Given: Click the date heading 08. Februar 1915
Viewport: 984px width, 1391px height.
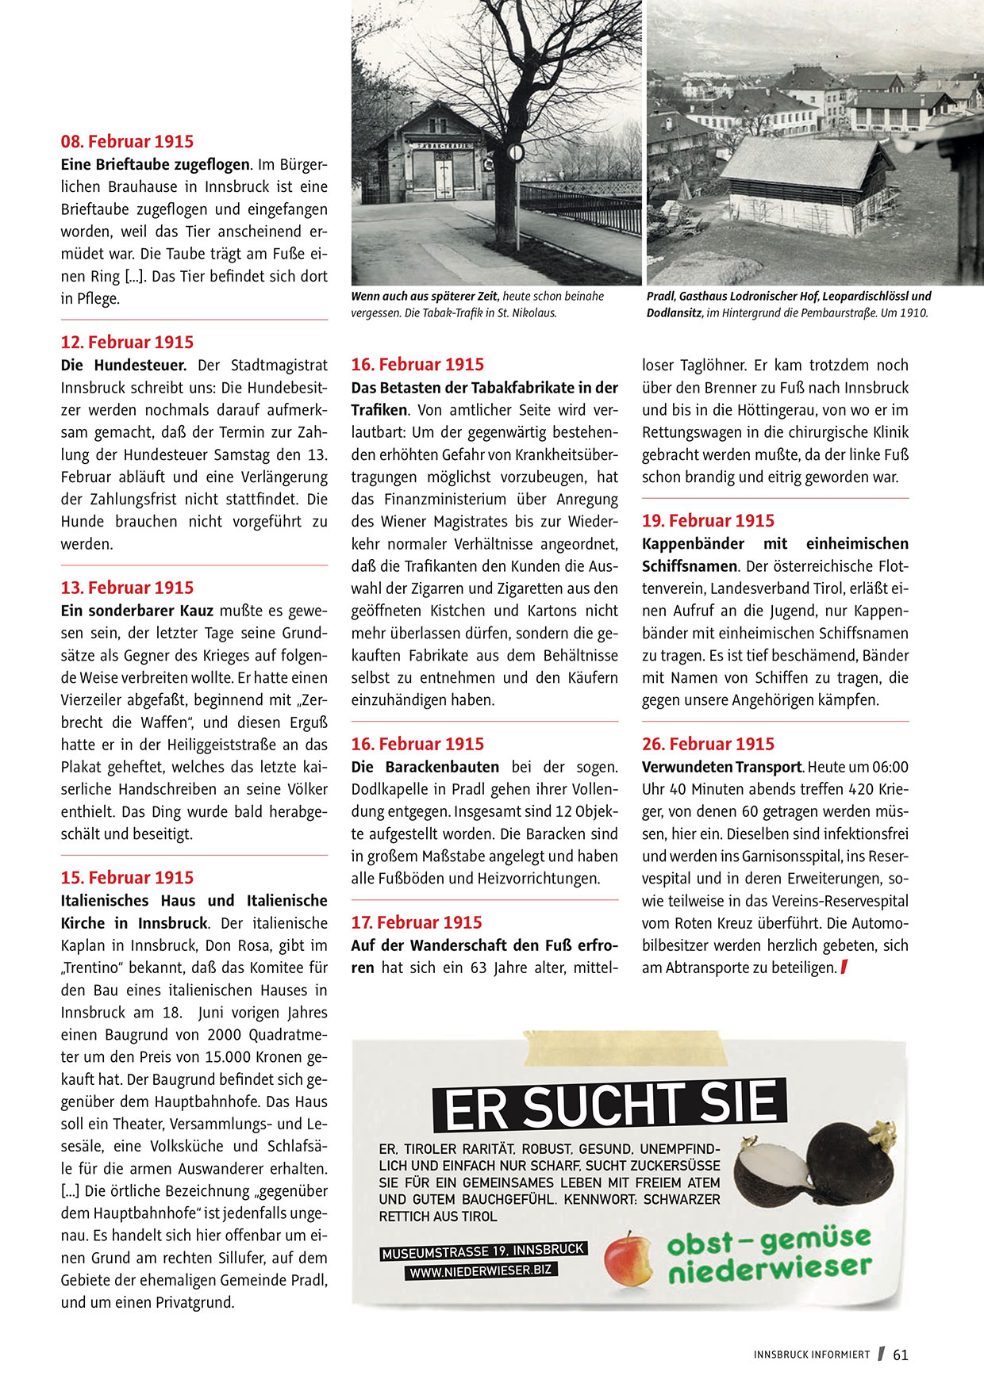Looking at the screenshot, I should point(127,142).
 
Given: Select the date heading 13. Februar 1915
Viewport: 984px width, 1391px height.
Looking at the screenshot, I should point(127,588).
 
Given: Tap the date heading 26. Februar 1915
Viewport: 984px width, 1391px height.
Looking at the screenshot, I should point(708,744).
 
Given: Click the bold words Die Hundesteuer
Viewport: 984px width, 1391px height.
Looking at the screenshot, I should point(124,366).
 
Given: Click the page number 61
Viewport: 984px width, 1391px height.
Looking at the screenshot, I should point(900,1355).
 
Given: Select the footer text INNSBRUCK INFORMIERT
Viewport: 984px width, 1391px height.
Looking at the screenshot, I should point(811,1355).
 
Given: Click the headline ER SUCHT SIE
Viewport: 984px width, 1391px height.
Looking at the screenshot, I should point(609,1105).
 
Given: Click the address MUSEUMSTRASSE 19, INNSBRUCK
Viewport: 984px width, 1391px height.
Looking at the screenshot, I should point(482,1251).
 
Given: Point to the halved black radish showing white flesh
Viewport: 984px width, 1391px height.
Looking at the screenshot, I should point(768,1172).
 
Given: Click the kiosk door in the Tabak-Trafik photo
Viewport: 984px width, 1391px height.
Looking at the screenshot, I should point(442,174).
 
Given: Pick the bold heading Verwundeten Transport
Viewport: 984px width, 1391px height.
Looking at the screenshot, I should point(721,768).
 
